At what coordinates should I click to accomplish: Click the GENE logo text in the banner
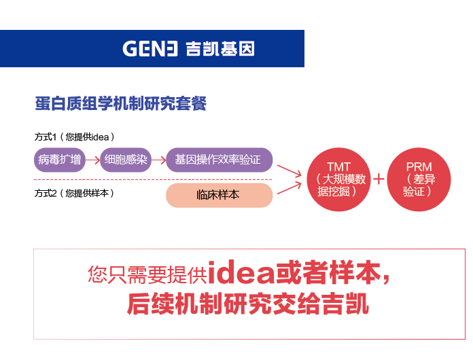point(150,48)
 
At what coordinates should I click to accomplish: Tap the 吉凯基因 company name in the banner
point(220,48)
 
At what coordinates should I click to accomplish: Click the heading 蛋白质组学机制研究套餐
point(121,103)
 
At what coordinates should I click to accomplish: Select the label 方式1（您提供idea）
point(75,137)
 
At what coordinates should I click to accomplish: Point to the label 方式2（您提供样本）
point(74,193)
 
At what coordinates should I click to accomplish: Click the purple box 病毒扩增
point(59,160)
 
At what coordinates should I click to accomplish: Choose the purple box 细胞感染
point(126,160)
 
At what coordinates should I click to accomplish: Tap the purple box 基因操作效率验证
point(220,160)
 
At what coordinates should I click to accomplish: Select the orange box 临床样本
point(220,195)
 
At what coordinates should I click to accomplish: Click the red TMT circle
point(338,179)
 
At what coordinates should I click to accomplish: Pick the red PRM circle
point(419,179)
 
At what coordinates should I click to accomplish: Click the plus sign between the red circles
point(379,179)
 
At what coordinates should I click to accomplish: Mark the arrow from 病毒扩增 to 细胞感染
point(92,160)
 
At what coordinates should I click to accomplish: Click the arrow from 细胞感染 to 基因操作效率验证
point(158,160)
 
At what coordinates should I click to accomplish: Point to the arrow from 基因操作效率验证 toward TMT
point(290,171)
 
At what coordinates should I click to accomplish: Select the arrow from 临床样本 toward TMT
point(290,187)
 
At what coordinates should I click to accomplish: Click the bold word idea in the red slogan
point(241,272)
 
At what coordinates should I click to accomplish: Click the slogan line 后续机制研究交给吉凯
point(247,304)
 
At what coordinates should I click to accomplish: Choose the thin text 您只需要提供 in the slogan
point(147,274)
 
